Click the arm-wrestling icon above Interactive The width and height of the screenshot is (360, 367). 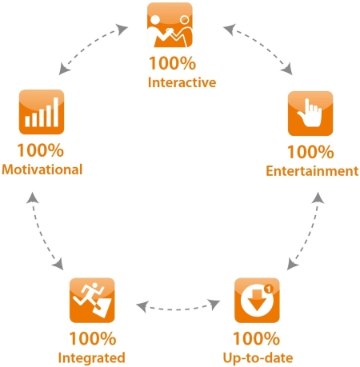tap(170, 25)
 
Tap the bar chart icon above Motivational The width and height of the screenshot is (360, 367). tap(42, 112)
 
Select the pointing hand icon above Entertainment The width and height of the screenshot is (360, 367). tap(310, 114)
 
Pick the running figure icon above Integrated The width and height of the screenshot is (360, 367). tap(92, 300)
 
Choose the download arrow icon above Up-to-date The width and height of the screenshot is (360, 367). tap(257, 300)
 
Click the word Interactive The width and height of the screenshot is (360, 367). tap(182, 82)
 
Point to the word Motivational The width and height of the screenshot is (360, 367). tap(42, 170)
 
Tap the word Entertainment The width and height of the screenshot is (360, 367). tap(312, 171)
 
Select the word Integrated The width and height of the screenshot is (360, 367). tap(91, 357)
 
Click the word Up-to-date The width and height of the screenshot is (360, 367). tap(258, 357)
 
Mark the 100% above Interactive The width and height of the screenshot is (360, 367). tap(173, 63)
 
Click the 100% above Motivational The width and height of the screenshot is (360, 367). tap(41, 150)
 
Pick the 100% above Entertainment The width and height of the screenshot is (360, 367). tap(310, 152)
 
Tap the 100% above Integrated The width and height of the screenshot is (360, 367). tap(93, 338)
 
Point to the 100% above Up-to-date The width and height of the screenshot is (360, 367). tap(257, 338)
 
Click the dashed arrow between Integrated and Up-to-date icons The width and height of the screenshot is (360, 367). tap(178, 309)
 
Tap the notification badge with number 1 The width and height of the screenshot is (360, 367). tap(269, 289)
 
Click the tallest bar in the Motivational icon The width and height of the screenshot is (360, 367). tap(56, 112)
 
